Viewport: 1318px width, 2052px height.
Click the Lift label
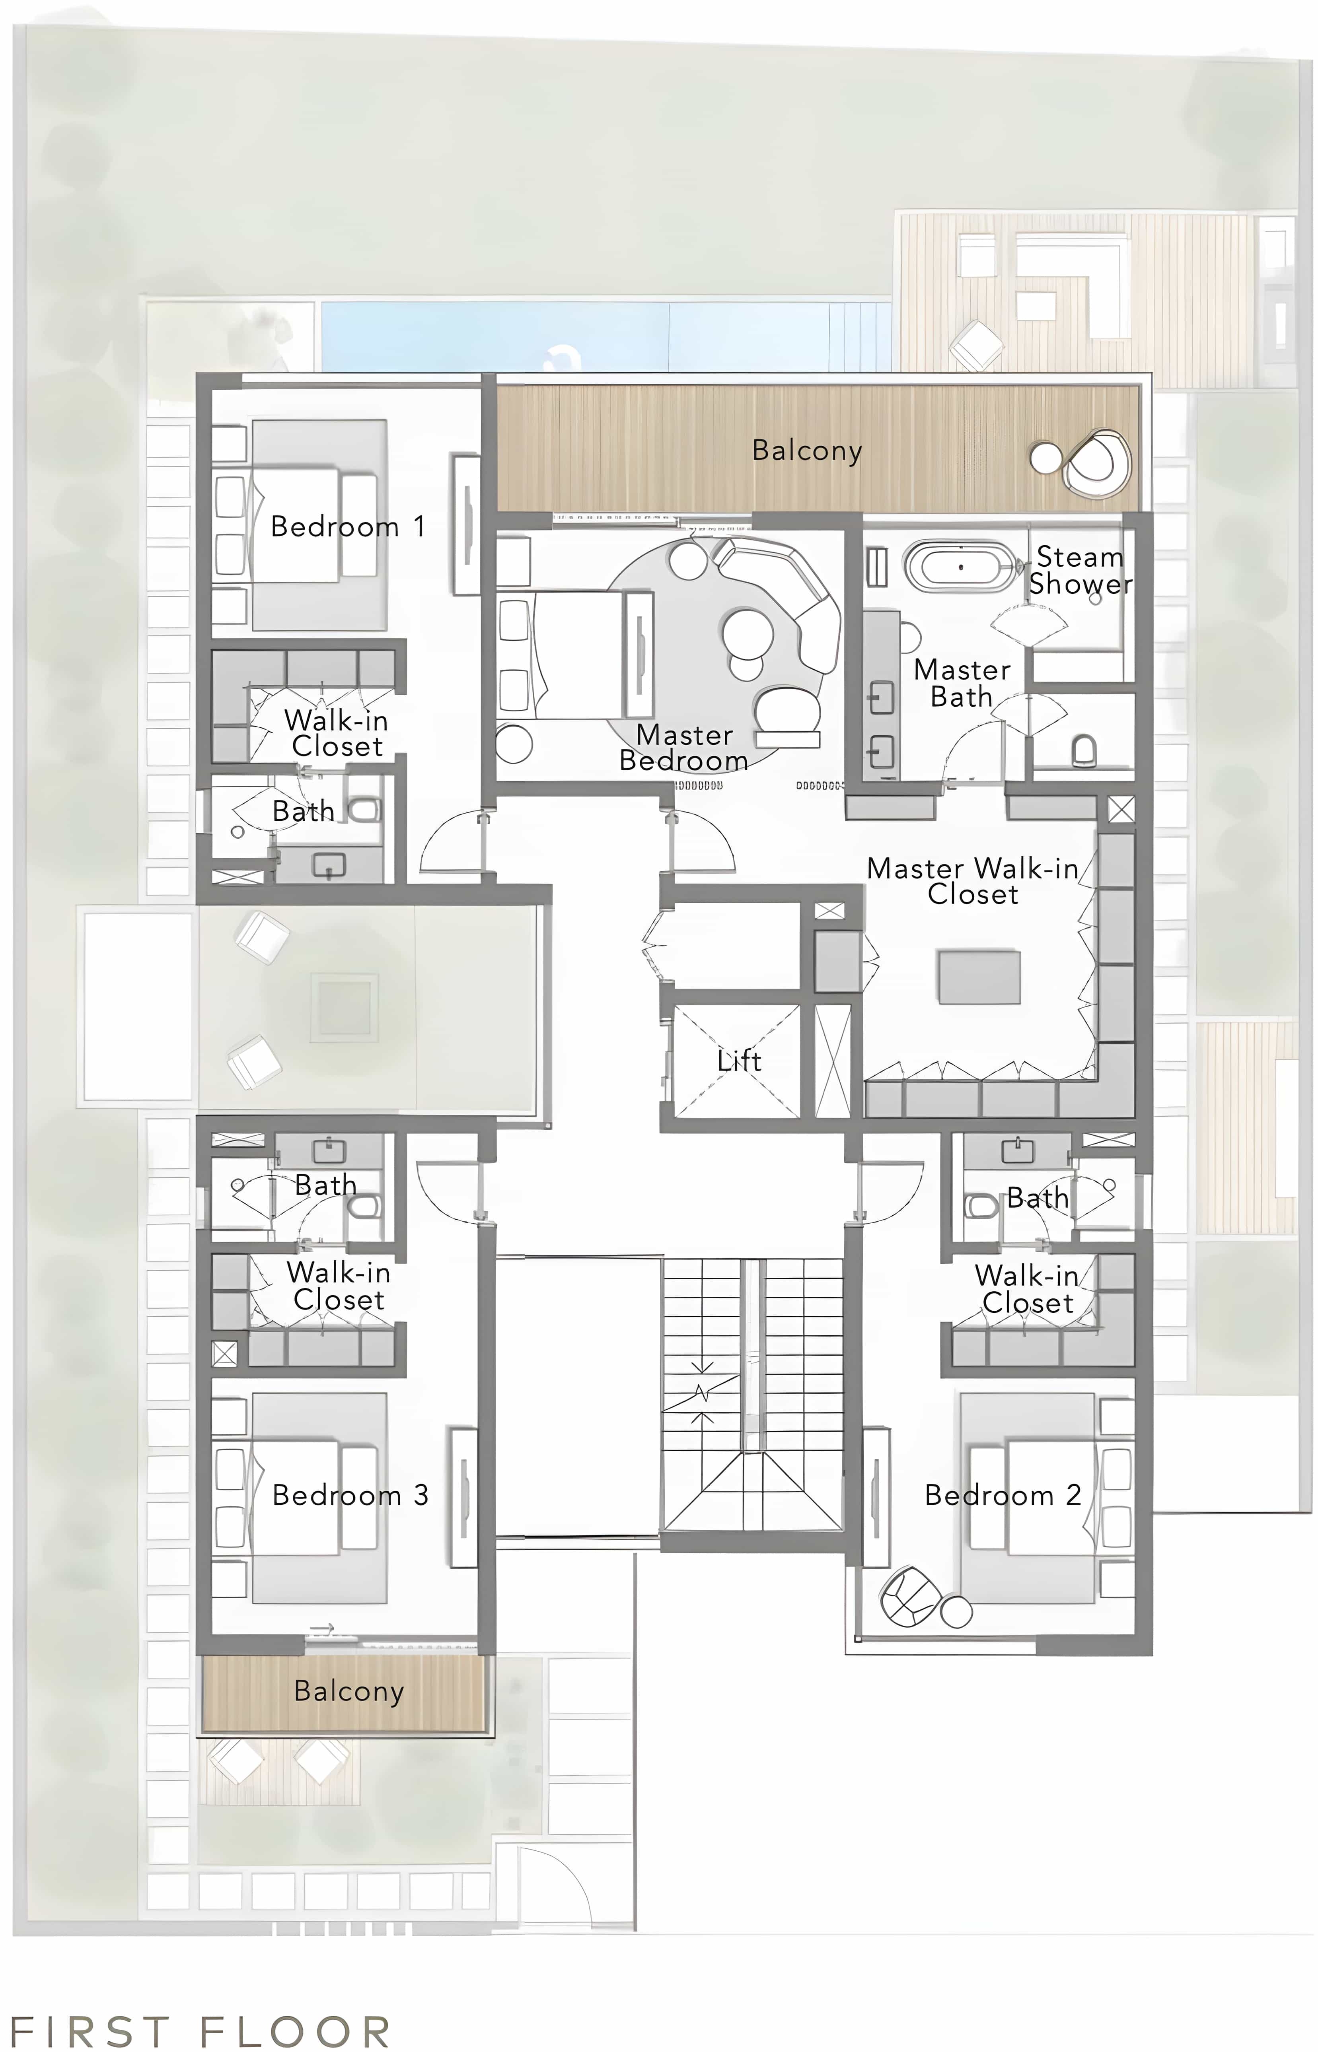pyautogui.click(x=739, y=1061)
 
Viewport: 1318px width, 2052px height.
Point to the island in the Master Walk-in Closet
pyautogui.click(x=979, y=976)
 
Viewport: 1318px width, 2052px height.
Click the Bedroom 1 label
pyautogui.click(x=347, y=526)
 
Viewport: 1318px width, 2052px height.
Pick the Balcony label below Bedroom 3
pyautogui.click(x=348, y=1691)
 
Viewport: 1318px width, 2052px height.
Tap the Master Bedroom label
pyautogui.click(x=684, y=748)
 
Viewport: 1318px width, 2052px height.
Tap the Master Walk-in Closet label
pyautogui.click(x=972, y=881)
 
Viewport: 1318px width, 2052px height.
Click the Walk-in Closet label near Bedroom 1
pyautogui.click(x=336, y=733)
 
